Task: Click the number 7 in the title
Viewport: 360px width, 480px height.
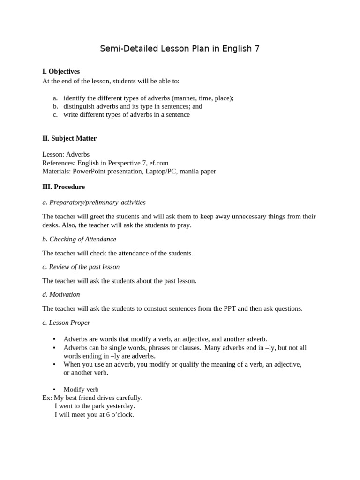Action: pos(256,49)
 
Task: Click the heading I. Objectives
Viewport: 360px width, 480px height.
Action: pos(61,72)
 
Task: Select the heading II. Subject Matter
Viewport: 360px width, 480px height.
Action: pos(69,138)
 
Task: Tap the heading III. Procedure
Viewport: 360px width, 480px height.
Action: pos(64,187)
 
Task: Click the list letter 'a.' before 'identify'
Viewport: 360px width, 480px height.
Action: pos(55,98)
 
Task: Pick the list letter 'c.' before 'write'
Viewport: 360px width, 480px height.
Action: pos(55,114)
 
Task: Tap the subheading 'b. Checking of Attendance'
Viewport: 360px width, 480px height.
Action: pos(79,239)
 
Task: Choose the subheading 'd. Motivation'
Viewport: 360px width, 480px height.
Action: pos(61,294)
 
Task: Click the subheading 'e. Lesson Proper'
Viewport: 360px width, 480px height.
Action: pos(66,322)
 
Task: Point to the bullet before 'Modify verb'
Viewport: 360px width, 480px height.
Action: pos(54,390)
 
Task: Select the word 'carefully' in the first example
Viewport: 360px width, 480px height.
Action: pos(128,397)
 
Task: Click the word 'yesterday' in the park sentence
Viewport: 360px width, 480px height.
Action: pos(120,406)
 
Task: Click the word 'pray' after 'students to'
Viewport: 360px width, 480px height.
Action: pos(183,225)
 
